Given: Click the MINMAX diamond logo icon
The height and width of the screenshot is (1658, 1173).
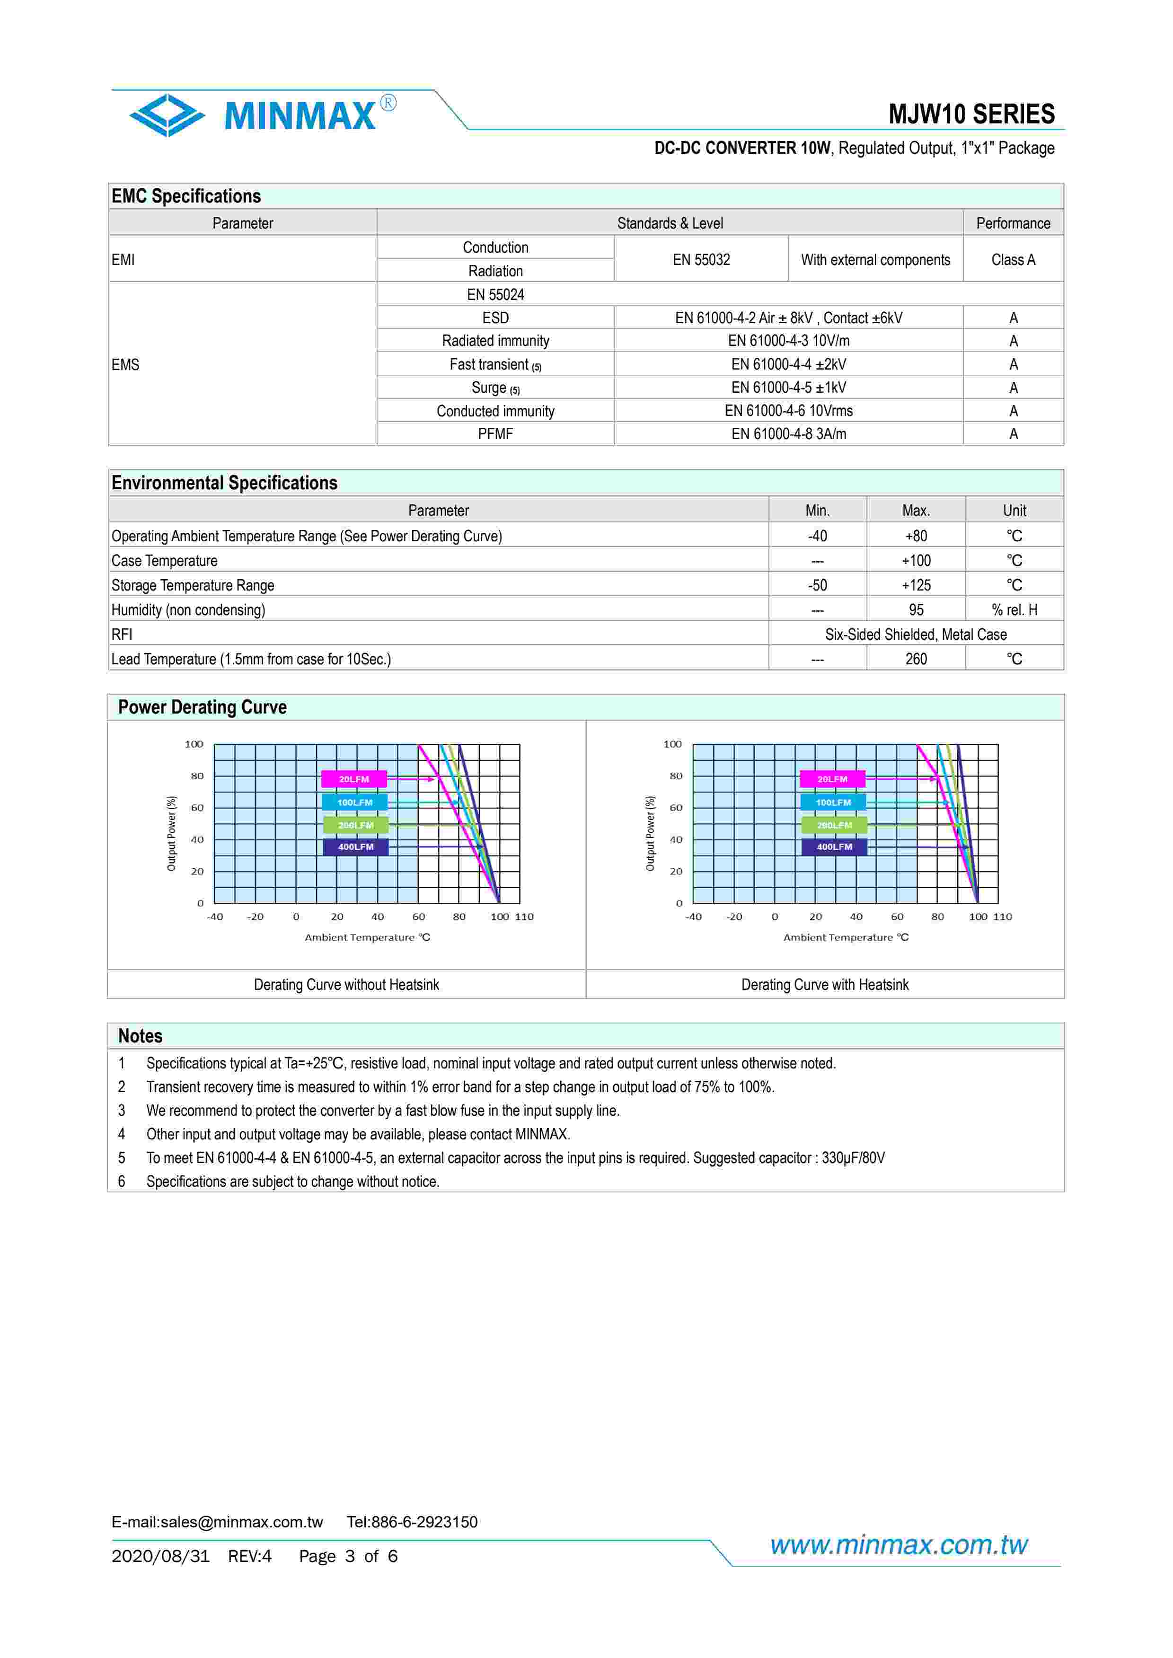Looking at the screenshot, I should pyautogui.click(x=167, y=115).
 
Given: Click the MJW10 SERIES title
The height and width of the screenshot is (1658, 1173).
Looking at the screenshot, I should pyautogui.click(x=971, y=114).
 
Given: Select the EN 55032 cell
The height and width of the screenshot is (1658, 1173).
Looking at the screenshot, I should pyautogui.click(x=701, y=259).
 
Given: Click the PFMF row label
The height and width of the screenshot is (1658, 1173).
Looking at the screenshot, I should pyautogui.click(x=495, y=434).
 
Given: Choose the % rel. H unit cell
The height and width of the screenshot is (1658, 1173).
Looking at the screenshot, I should pyautogui.click(x=1014, y=609).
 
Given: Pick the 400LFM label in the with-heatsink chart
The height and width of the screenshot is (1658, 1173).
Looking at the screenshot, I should pyautogui.click(x=834, y=847).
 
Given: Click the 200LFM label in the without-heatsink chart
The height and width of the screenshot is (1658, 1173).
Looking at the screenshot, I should pyautogui.click(x=355, y=825).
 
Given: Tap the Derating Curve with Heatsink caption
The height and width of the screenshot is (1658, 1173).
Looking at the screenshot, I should pyautogui.click(x=824, y=984).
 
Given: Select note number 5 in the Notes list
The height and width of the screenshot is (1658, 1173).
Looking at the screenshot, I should pyautogui.click(x=121, y=1157).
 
